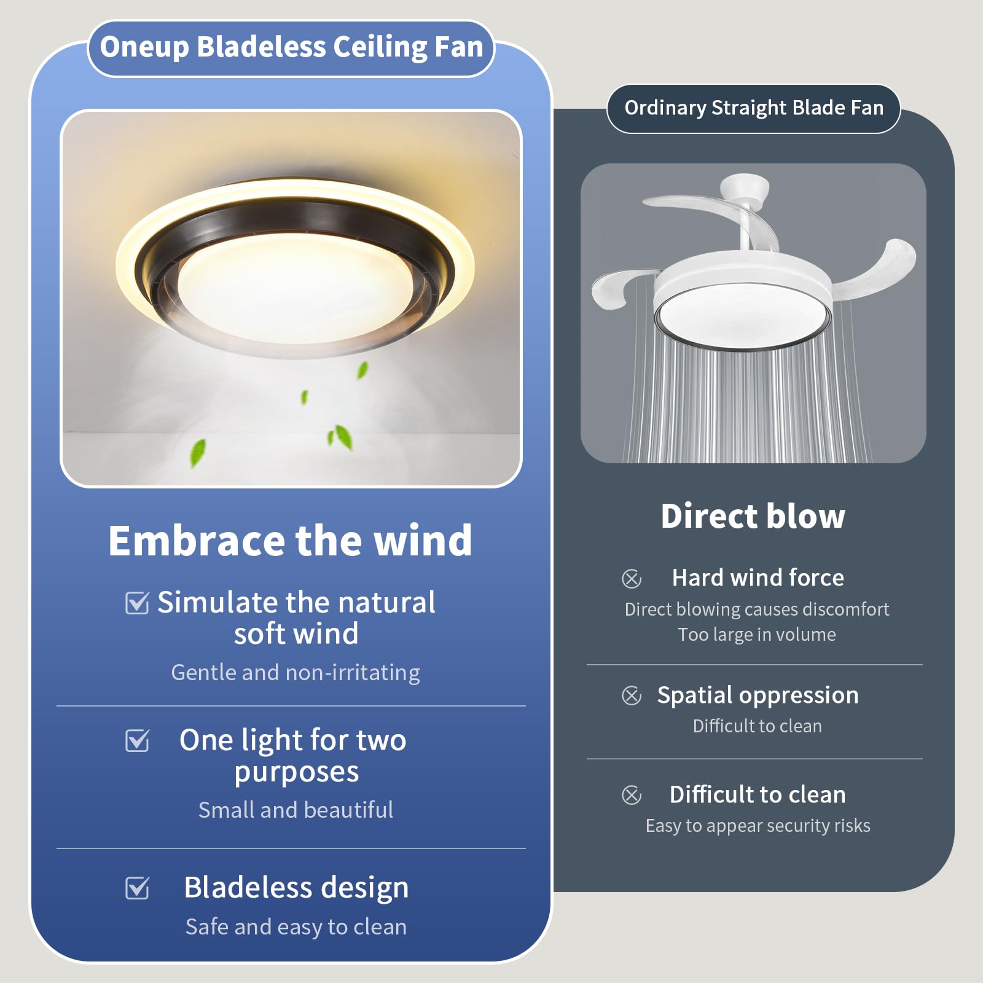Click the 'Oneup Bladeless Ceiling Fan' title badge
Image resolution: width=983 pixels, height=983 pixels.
[x=291, y=48]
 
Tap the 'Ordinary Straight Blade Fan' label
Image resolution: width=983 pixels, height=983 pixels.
[x=753, y=108]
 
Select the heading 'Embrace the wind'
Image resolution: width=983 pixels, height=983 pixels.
[x=290, y=541]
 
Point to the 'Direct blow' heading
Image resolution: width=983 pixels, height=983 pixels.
[x=753, y=516]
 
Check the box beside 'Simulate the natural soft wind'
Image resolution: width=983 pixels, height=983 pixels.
[x=137, y=603]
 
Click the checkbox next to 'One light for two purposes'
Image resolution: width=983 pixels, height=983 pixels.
[x=137, y=740]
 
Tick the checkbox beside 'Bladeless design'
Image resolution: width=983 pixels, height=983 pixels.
[x=137, y=888]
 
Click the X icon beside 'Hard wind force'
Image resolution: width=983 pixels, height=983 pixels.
[x=632, y=578]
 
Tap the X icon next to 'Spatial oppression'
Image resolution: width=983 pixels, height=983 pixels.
[x=632, y=695]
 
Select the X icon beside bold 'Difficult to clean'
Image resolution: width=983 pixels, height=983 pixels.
[x=632, y=795]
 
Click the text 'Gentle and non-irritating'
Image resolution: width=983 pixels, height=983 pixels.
[x=296, y=673]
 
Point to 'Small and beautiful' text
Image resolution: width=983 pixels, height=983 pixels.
[x=296, y=810]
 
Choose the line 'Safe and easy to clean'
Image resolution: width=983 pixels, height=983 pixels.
[x=296, y=926]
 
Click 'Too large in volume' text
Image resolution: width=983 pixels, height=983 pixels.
[x=757, y=635]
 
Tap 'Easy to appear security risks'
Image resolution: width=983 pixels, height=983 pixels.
[x=758, y=826]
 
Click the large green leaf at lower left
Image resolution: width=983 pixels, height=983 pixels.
[x=197, y=453]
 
